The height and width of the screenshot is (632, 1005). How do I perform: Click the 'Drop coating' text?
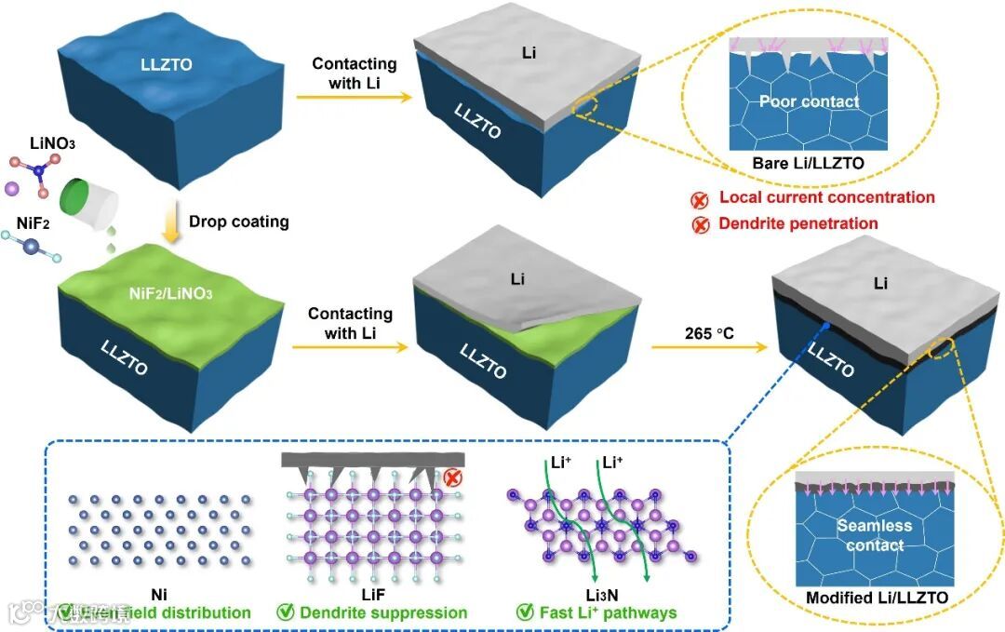click(239, 222)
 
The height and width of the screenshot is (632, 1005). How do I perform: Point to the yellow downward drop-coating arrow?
click(170, 223)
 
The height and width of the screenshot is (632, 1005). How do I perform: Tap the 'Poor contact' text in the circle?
click(809, 101)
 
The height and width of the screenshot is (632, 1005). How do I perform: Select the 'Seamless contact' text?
click(874, 535)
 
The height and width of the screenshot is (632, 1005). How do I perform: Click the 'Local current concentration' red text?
click(826, 197)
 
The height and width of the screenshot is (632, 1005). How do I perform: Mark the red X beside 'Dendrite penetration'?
click(700, 224)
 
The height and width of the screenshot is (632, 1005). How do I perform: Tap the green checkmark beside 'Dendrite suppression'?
click(287, 612)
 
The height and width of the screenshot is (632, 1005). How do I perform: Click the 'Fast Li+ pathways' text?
click(608, 612)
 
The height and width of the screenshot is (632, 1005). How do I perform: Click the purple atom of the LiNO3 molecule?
click(12, 188)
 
